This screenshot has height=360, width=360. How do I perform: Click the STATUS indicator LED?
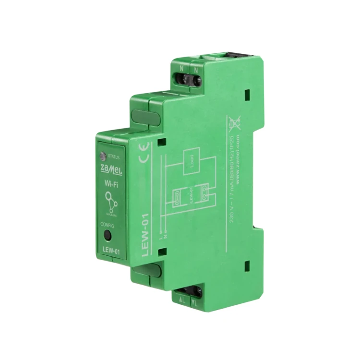coord(102,155)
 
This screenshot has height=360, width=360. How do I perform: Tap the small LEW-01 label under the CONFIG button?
coord(111,249)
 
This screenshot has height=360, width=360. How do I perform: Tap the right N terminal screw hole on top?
coord(197,78)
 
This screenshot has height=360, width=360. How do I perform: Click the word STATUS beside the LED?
coord(114,156)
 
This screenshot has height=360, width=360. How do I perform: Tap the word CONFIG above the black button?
coord(108,224)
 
